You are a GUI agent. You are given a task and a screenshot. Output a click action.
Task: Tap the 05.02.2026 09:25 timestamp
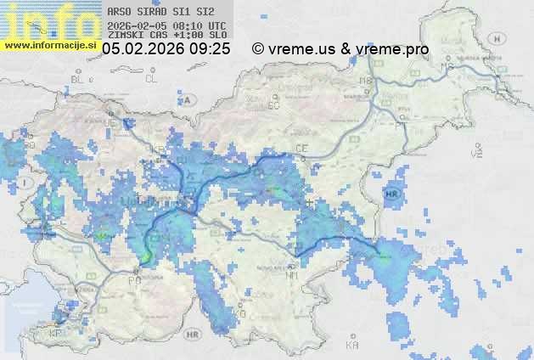click(x=166, y=49)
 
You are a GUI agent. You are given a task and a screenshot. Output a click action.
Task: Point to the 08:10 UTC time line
click(x=166, y=25)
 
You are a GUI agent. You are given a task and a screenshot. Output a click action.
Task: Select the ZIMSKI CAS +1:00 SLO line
click(x=166, y=36)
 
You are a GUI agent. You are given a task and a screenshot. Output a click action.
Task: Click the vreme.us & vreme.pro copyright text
click(x=340, y=49)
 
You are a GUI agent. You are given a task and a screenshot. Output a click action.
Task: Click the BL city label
click(x=79, y=79)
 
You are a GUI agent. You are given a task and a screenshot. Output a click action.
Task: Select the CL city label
click(x=151, y=79)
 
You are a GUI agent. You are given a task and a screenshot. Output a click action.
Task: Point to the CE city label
click(x=301, y=149)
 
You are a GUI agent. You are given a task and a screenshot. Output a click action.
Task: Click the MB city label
click(x=367, y=81)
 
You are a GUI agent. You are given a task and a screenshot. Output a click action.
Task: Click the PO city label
click(x=133, y=279)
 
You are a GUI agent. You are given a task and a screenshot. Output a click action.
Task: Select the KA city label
click(x=352, y=345)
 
